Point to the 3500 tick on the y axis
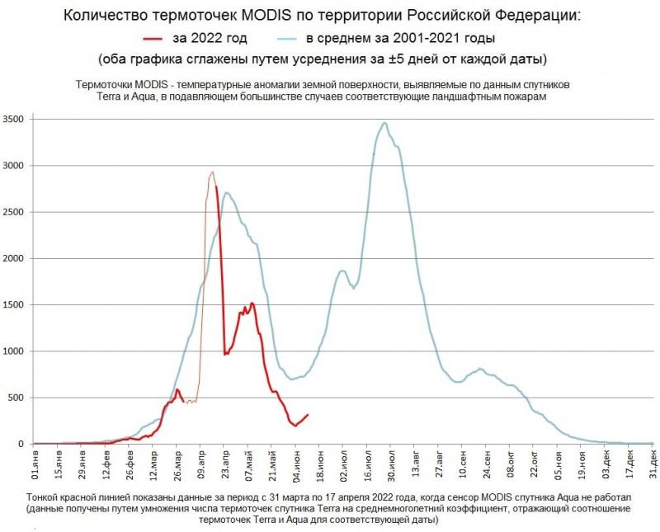pyautogui.click(x=16, y=120)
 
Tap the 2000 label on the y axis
pyautogui.click(x=16, y=259)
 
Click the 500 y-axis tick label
pyautogui.click(x=20, y=398)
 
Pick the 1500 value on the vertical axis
pyautogui.click(x=16, y=305)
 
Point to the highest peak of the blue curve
pyautogui.click(x=384, y=123)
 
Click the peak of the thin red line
pyautogui.click(x=212, y=172)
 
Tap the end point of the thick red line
pyautogui.click(x=308, y=415)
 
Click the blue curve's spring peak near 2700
pyautogui.click(x=226, y=193)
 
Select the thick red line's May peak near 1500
pyautogui.click(x=252, y=304)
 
